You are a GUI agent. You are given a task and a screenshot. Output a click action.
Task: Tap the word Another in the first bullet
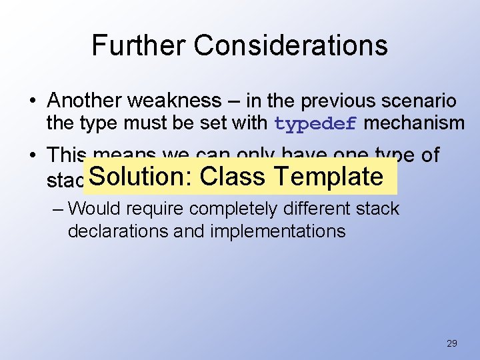point(85,101)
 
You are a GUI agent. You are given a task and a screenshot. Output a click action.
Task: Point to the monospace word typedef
point(316,123)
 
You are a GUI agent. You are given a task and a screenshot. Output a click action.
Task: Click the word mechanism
point(415,123)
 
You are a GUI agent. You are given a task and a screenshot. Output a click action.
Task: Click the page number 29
point(451,343)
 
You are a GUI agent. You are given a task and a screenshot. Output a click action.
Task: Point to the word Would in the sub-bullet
point(95,209)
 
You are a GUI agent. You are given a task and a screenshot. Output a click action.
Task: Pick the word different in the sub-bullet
point(320,209)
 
